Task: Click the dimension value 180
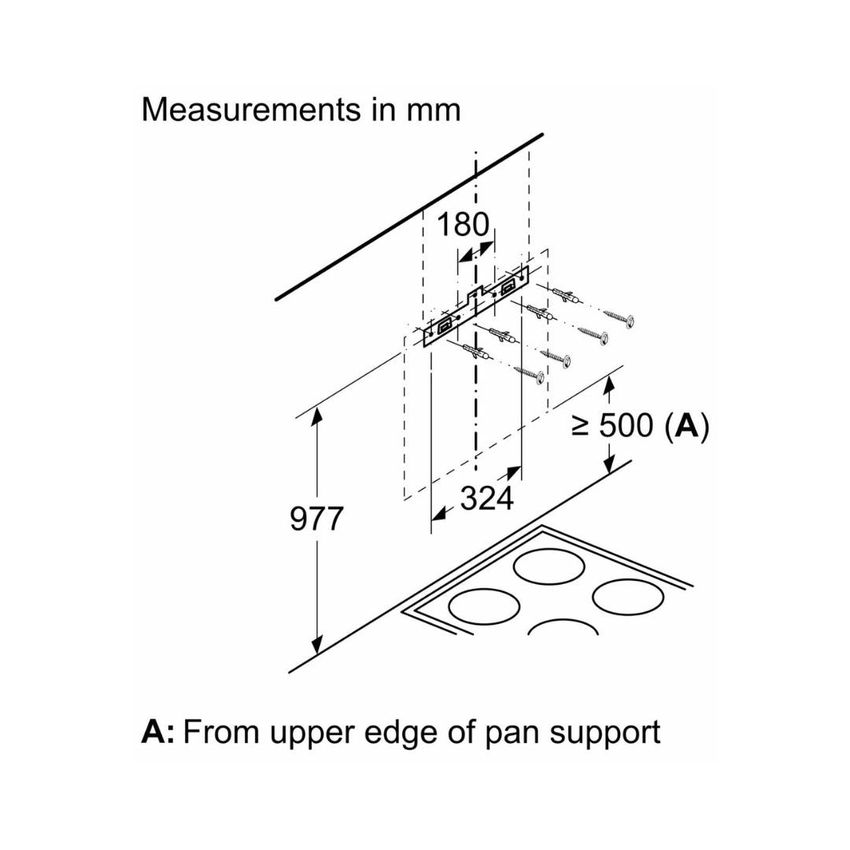pyautogui.click(x=462, y=225)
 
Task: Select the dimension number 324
pyautogui.click(x=486, y=498)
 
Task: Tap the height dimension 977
pyautogui.click(x=316, y=519)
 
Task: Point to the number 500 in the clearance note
pyautogui.click(x=626, y=426)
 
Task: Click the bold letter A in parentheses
pyautogui.click(x=687, y=426)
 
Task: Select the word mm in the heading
pyautogui.click(x=433, y=109)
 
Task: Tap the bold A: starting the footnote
pyautogui.click(x=158, y=732)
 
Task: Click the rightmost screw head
pyautogui.click(x=629, y=320)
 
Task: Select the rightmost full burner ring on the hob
pyautogui.click(x=628, y=597)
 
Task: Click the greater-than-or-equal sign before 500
pyautogui.click(x=581, y=427)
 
